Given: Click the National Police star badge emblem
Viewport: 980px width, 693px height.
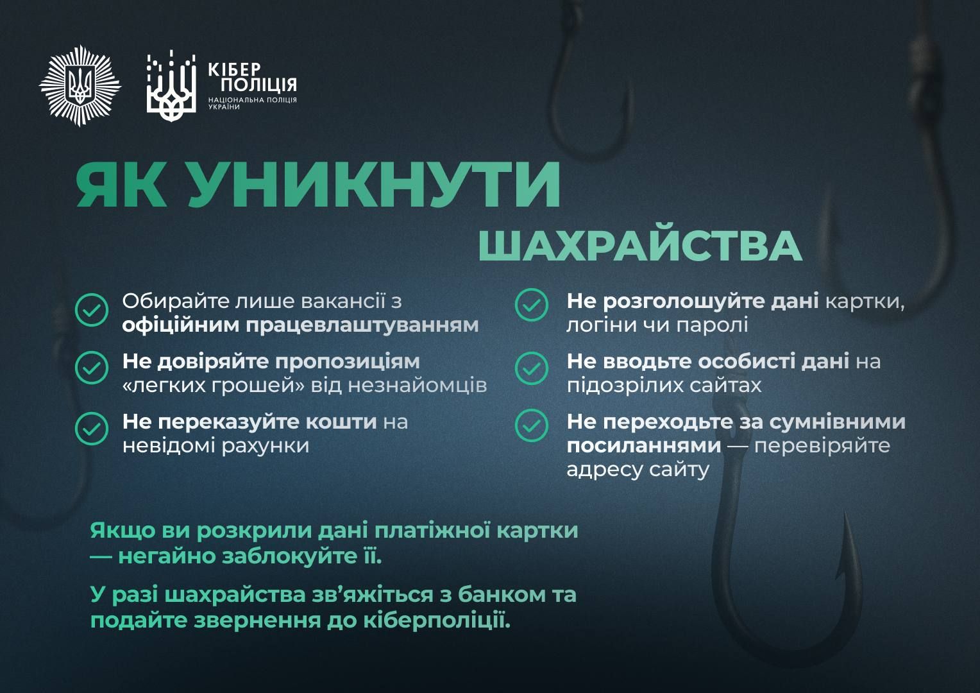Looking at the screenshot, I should point(80,85).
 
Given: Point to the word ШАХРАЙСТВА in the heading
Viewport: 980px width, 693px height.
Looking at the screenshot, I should point(640,245).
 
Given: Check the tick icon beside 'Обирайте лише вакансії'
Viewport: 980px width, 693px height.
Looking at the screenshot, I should point(92,311).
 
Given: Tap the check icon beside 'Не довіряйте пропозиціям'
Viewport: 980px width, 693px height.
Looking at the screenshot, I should point(92,368).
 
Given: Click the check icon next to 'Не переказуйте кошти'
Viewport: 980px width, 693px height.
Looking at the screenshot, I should point(92,428).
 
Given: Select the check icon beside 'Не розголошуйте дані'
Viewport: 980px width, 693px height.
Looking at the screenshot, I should point(532,305).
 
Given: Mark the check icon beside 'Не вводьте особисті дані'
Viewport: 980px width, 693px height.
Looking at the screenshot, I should point(532,368).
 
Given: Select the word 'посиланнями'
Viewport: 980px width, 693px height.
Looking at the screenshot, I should point(644,445).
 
